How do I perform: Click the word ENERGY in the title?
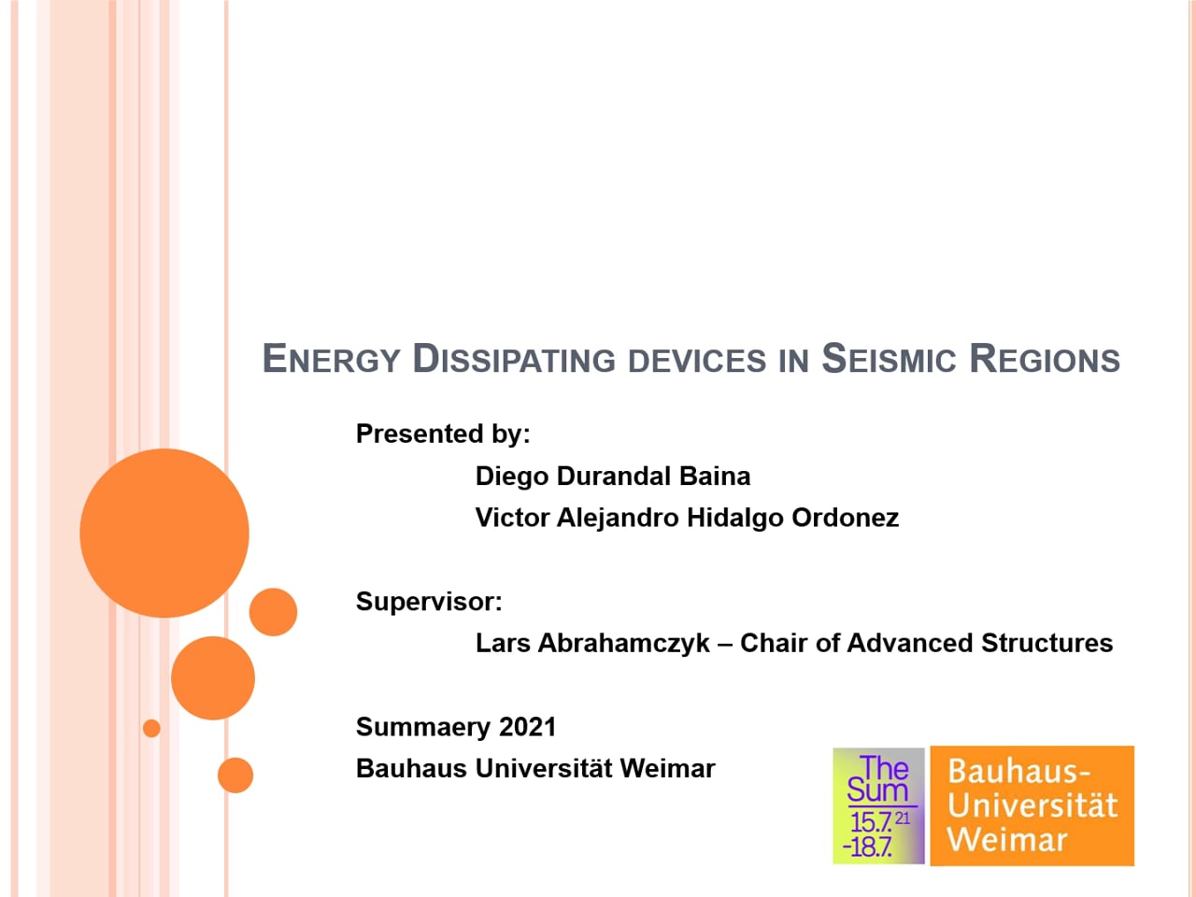[332, 360]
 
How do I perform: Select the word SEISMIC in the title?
[889, 360]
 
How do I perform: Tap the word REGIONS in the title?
[1045, 360]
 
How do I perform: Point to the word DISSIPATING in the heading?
[514, 360]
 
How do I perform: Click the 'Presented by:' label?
[443, 434]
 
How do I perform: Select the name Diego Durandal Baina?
[613, 476]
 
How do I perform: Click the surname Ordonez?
[845, 518]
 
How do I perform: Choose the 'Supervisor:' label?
[429, 602]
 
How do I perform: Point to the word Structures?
[1046, 643]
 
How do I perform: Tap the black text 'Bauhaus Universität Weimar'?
[535, 769]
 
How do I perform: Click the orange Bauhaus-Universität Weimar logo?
[1032, 806]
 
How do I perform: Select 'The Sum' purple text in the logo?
[878, 779]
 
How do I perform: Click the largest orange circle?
[164, 534]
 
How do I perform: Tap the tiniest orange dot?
[151, 728]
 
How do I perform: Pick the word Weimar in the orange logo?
[1007, 839]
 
